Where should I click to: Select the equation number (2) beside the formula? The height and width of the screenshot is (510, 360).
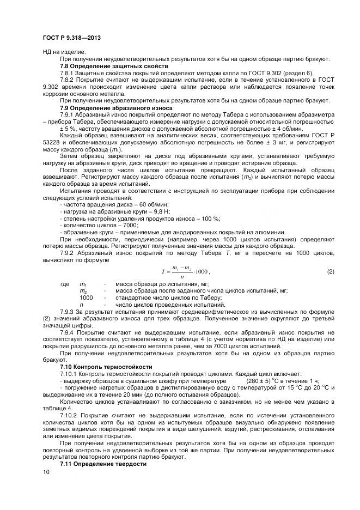tap(330, 271)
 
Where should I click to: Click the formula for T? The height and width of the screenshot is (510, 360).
tap(186, 271)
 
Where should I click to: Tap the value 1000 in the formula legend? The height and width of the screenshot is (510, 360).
tap(86, 298)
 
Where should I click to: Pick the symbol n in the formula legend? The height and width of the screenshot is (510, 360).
tap(82, 305)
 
